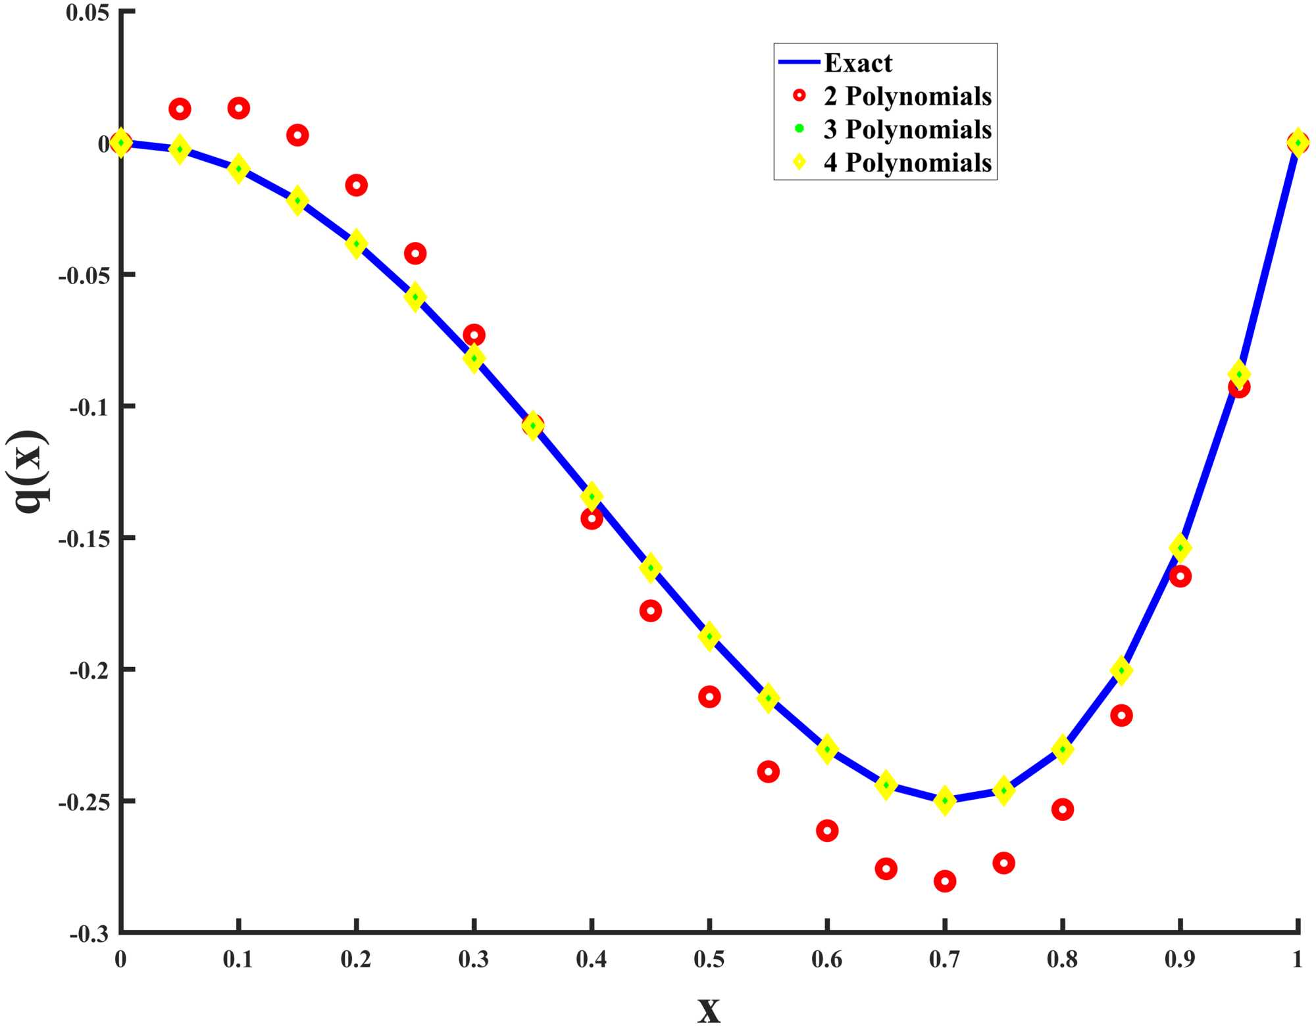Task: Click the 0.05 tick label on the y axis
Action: pyautogui.click(x=88, y=12)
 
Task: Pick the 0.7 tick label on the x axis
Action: pyautogui.click(x=944, y=960)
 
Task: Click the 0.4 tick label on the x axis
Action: pyautogui.click(x=591, y=960)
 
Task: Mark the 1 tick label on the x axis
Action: pyautogui.click(x=1297, y=960)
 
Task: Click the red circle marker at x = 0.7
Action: pyautogui.click(x=945, y=881)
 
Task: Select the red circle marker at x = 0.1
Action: pyautogui.click(x=238, y=108)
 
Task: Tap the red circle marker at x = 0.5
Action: pyautogui.click(x=709, y=696)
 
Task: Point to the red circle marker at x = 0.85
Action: pyautogui.click(x=1121, y=715)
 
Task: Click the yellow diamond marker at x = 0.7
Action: pyautogui.click(x=945, y=800)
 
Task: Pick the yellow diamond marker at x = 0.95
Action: pyautogui.click(x=1239, y=374)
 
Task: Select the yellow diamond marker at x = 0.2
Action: pyautogui.click(x=356, y=244)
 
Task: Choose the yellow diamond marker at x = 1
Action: pyautogui.click(x=1297, y=142)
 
